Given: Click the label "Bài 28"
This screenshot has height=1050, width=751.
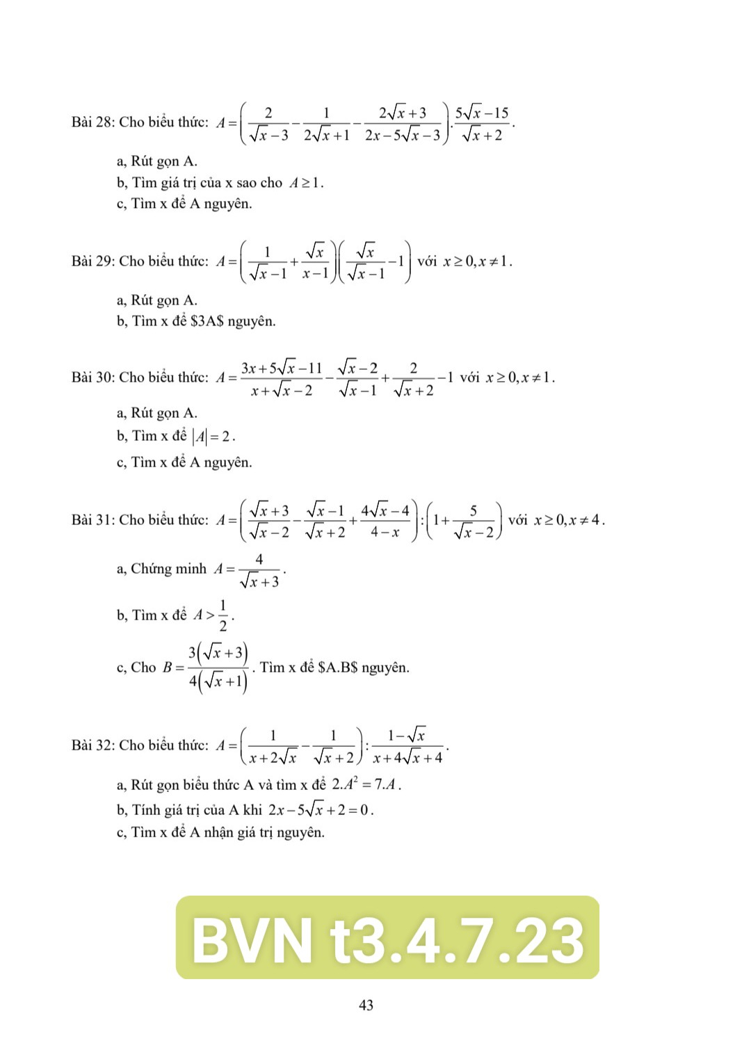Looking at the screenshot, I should (x=92, y=122).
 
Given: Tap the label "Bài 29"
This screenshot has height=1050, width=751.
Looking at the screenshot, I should (x=92, y=261).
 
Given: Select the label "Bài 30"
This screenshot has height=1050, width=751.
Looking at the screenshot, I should (x=92, y=378).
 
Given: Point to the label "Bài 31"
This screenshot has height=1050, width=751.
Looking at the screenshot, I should (x=92, y=520).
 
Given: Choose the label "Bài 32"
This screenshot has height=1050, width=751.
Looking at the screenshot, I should (x=92, y=745).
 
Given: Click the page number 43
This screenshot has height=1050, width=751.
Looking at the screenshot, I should (x=366, y=1005).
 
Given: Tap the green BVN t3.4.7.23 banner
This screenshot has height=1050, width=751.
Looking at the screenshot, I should (x=387, y=938).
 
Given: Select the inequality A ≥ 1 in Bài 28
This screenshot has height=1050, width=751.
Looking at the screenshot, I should (x=307, y=184).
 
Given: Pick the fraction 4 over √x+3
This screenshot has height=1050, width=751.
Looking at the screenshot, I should (x=259, y=570).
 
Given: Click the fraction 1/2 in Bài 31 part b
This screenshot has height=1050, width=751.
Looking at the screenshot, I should (x=223, y=615).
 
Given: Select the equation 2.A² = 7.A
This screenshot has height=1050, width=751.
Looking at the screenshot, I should (x=366, y=785).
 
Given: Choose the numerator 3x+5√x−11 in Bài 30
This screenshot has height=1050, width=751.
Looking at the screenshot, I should (x=282, y=367).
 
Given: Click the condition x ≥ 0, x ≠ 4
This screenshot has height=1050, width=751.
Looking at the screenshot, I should (x=568, y=520).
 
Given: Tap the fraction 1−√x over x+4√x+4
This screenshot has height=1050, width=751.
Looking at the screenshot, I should (x=407, y=746).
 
